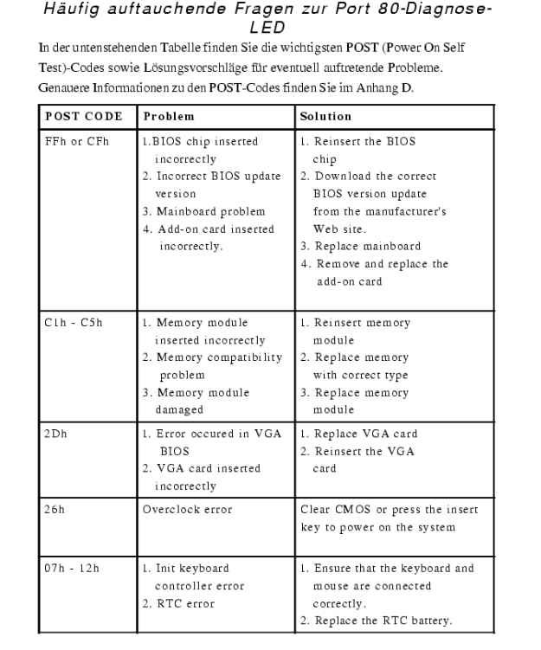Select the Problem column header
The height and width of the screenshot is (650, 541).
pyautogui.click(x=169, y=115)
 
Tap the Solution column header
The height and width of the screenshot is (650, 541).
pyautogui.click(x=325, y=115)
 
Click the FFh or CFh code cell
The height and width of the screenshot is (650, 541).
pyautogui.click(x=77, y=140)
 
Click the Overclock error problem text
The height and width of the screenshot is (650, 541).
pyautogui.click(x=188, y=509)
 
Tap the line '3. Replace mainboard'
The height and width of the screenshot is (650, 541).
pyautogui.click(x=361, y=246)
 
